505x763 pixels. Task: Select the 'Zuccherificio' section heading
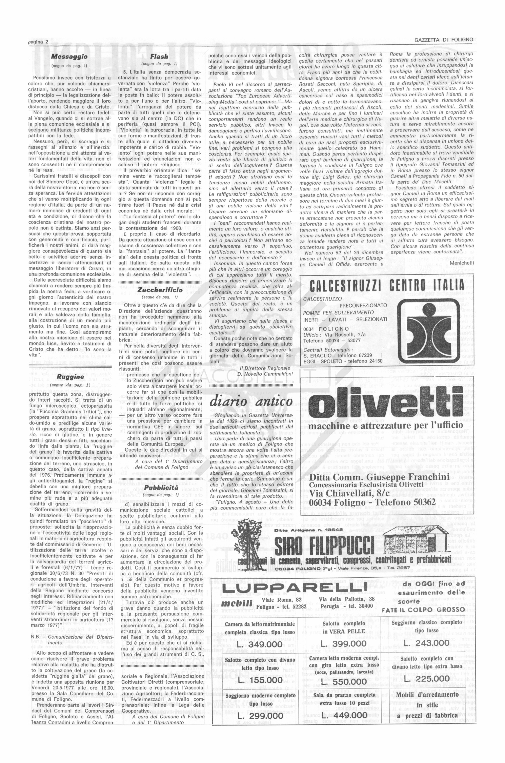coord(160,290)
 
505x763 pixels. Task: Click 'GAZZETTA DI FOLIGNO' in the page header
coord(443,40)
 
